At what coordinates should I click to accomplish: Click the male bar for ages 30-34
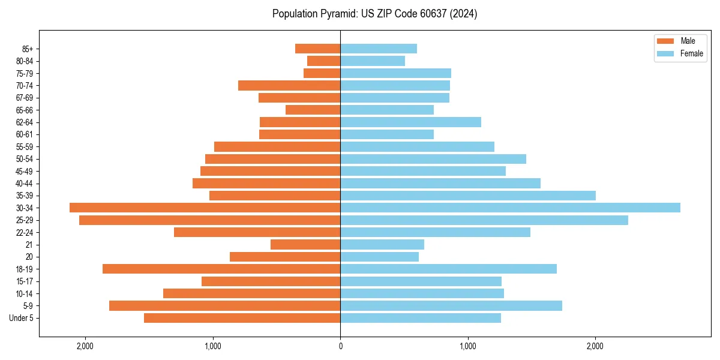(205, 208)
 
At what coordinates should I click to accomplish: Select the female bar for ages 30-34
(510, 208)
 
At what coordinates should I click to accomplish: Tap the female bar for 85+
(379, 49)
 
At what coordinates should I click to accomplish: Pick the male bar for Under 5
(242, 318)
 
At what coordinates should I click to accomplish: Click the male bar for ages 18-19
(221, 269)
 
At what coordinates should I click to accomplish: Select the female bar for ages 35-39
(468, 196)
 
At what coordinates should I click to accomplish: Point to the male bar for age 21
(305, 244)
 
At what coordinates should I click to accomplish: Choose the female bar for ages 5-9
(451, 305)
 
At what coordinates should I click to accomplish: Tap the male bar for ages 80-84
(324, 61)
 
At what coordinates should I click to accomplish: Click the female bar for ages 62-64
(410, 122)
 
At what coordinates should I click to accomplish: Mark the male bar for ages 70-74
(289, 85)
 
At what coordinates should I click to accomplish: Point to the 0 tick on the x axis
(340, 346)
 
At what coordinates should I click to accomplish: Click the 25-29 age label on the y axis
(24, 220)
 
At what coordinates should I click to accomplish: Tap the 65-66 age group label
(24, 110)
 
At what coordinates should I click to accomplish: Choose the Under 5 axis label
(22, 318)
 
